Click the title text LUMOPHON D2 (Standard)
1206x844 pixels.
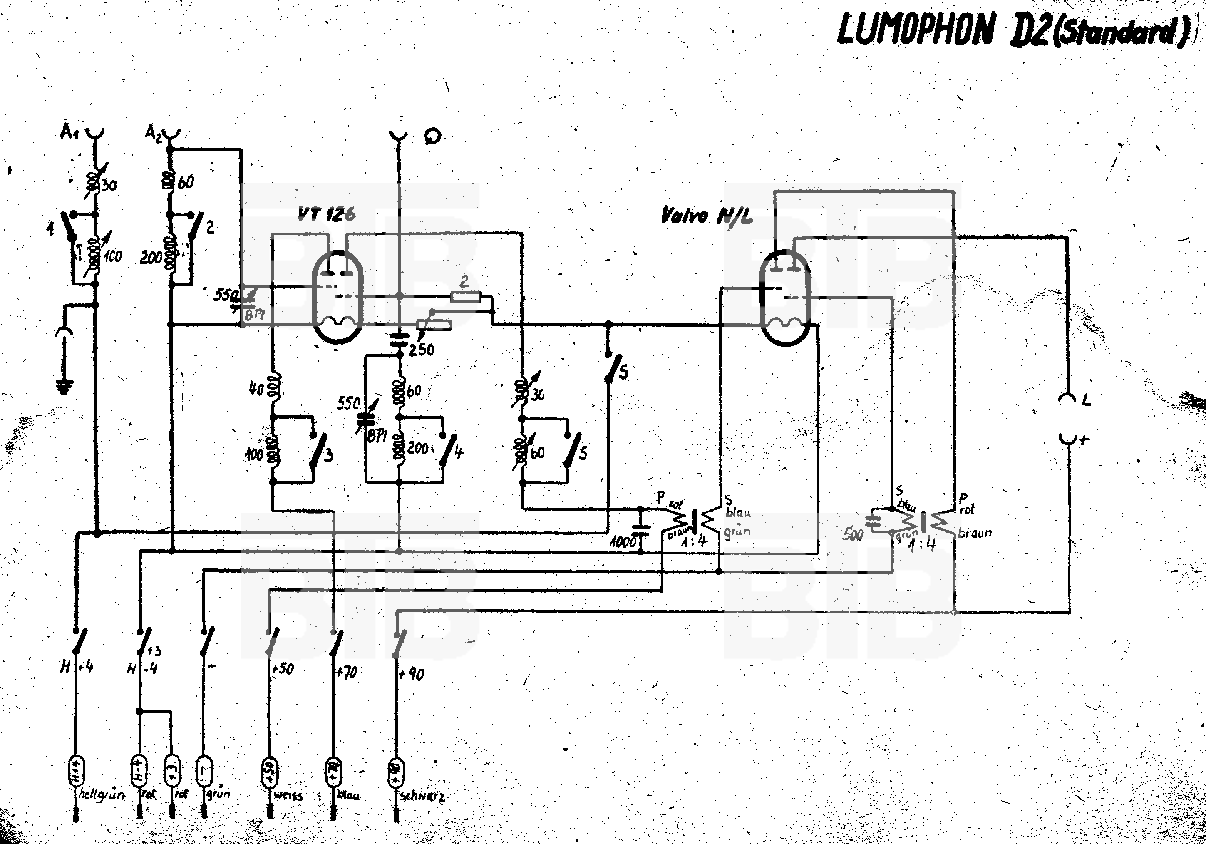tap(1011, 30)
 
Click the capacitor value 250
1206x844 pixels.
tap(421, 349)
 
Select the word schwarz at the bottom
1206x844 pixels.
tap(423, 796)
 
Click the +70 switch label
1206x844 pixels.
tap(347, 672)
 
